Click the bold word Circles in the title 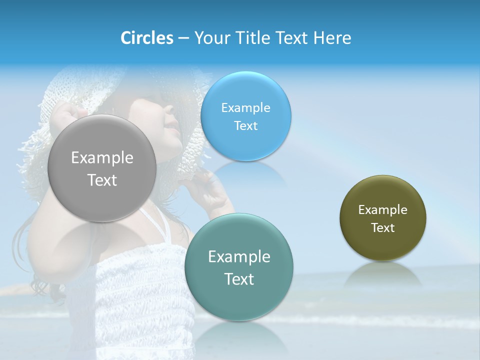point(147,38)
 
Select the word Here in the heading point(332,38)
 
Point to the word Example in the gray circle point(102,157)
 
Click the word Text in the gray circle point(102,180)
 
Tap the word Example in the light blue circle point(245,107)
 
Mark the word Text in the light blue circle point(245,126)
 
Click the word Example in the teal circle point(239,256)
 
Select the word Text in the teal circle point(239,279)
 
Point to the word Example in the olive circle point(383,209)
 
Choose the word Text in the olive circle point(383,228)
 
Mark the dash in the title point(183,38)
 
